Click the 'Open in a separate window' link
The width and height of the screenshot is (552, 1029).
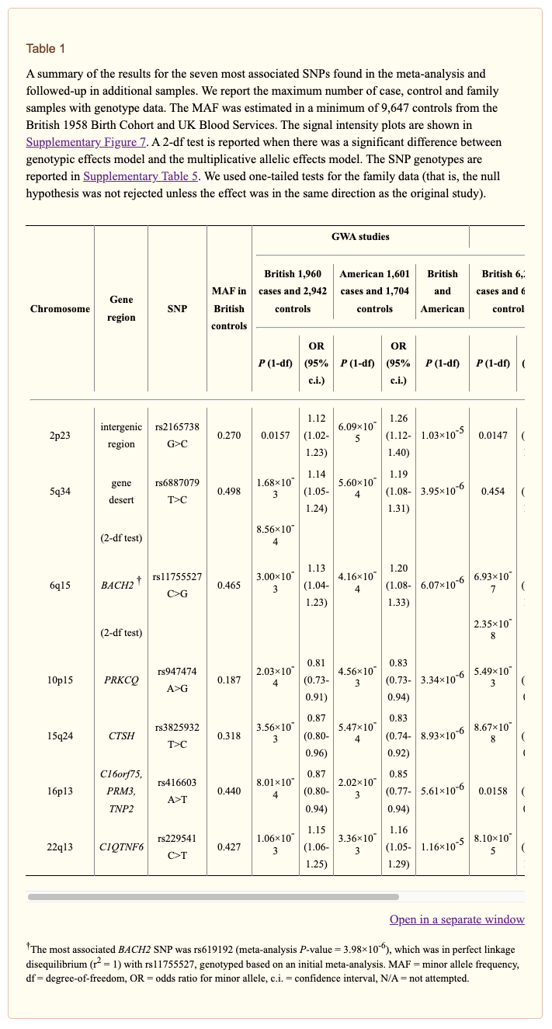click(x=457, y=919)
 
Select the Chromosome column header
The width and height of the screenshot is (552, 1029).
click(x=60, y=309)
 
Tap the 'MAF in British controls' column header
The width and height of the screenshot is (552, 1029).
click(x=229, y=308)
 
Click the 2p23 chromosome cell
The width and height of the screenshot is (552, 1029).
click(x=60, y=436)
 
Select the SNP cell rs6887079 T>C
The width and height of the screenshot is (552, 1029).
click(x=177, y=492)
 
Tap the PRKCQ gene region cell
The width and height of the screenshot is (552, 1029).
click(x=121, y=680)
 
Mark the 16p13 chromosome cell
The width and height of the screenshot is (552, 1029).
click(x=60, y=791)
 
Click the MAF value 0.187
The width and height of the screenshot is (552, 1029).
click(x=229, y=680)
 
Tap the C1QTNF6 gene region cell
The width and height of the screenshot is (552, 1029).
click(x=121, y=847)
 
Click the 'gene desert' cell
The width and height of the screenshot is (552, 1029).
click(x=121, y=492)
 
